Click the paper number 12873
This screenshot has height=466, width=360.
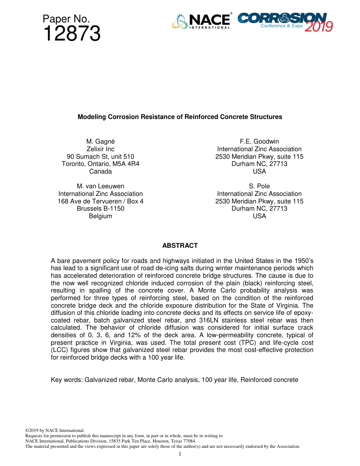point(72,34)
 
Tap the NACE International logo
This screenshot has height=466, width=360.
point(201,22)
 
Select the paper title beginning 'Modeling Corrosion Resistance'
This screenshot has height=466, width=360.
point(180,117)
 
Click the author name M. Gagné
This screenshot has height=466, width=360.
point(100,142)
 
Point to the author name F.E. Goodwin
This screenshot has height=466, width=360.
point(259,142)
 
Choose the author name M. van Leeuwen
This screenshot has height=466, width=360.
point(100,186)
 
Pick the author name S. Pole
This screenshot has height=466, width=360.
point(259,186)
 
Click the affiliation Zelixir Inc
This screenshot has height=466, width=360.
point(100,149)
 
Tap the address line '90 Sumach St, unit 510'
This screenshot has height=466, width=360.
point(100,156)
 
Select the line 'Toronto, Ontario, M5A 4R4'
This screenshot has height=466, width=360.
point(100,164)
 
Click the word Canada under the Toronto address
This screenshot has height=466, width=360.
point(100,171)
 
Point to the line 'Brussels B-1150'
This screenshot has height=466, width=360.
point(100,208)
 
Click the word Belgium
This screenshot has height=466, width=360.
point(100,216)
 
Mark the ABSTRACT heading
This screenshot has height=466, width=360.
point(180,246)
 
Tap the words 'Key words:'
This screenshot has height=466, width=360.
point(67,380)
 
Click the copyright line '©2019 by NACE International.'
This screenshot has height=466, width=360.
point(55,430)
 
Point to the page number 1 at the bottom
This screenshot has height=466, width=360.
point(180,454)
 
